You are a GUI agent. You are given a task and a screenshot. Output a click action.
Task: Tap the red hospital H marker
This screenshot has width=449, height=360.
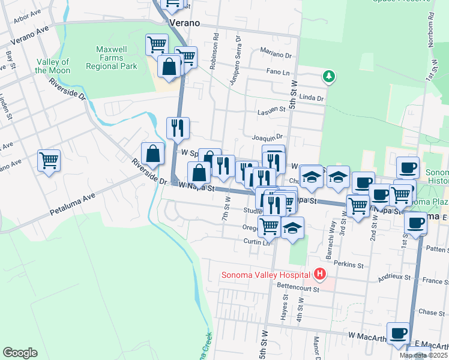click(320, 275)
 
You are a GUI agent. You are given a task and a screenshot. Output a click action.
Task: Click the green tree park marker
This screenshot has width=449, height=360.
click(328, 76)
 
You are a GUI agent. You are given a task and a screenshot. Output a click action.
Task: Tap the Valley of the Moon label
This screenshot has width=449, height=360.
click(53, 66)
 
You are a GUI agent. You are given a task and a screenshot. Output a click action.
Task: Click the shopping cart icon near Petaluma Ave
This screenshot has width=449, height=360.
click(49, 160)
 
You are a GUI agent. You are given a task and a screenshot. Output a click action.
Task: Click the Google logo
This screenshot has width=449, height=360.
click(20, 353)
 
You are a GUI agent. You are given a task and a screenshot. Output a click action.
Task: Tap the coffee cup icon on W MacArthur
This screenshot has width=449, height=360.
click(399, 333)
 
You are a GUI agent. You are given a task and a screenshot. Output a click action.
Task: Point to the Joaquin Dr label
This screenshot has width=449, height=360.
click(267, 137)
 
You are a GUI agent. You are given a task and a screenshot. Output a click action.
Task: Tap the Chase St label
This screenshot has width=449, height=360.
click(428, 312)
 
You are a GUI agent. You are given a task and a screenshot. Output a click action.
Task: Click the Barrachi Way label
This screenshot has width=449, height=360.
click(332, 233)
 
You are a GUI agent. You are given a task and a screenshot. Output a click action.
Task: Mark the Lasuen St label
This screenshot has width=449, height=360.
click(272, 110)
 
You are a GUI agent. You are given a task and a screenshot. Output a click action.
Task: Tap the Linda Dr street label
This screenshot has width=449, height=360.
click(311, 98)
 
